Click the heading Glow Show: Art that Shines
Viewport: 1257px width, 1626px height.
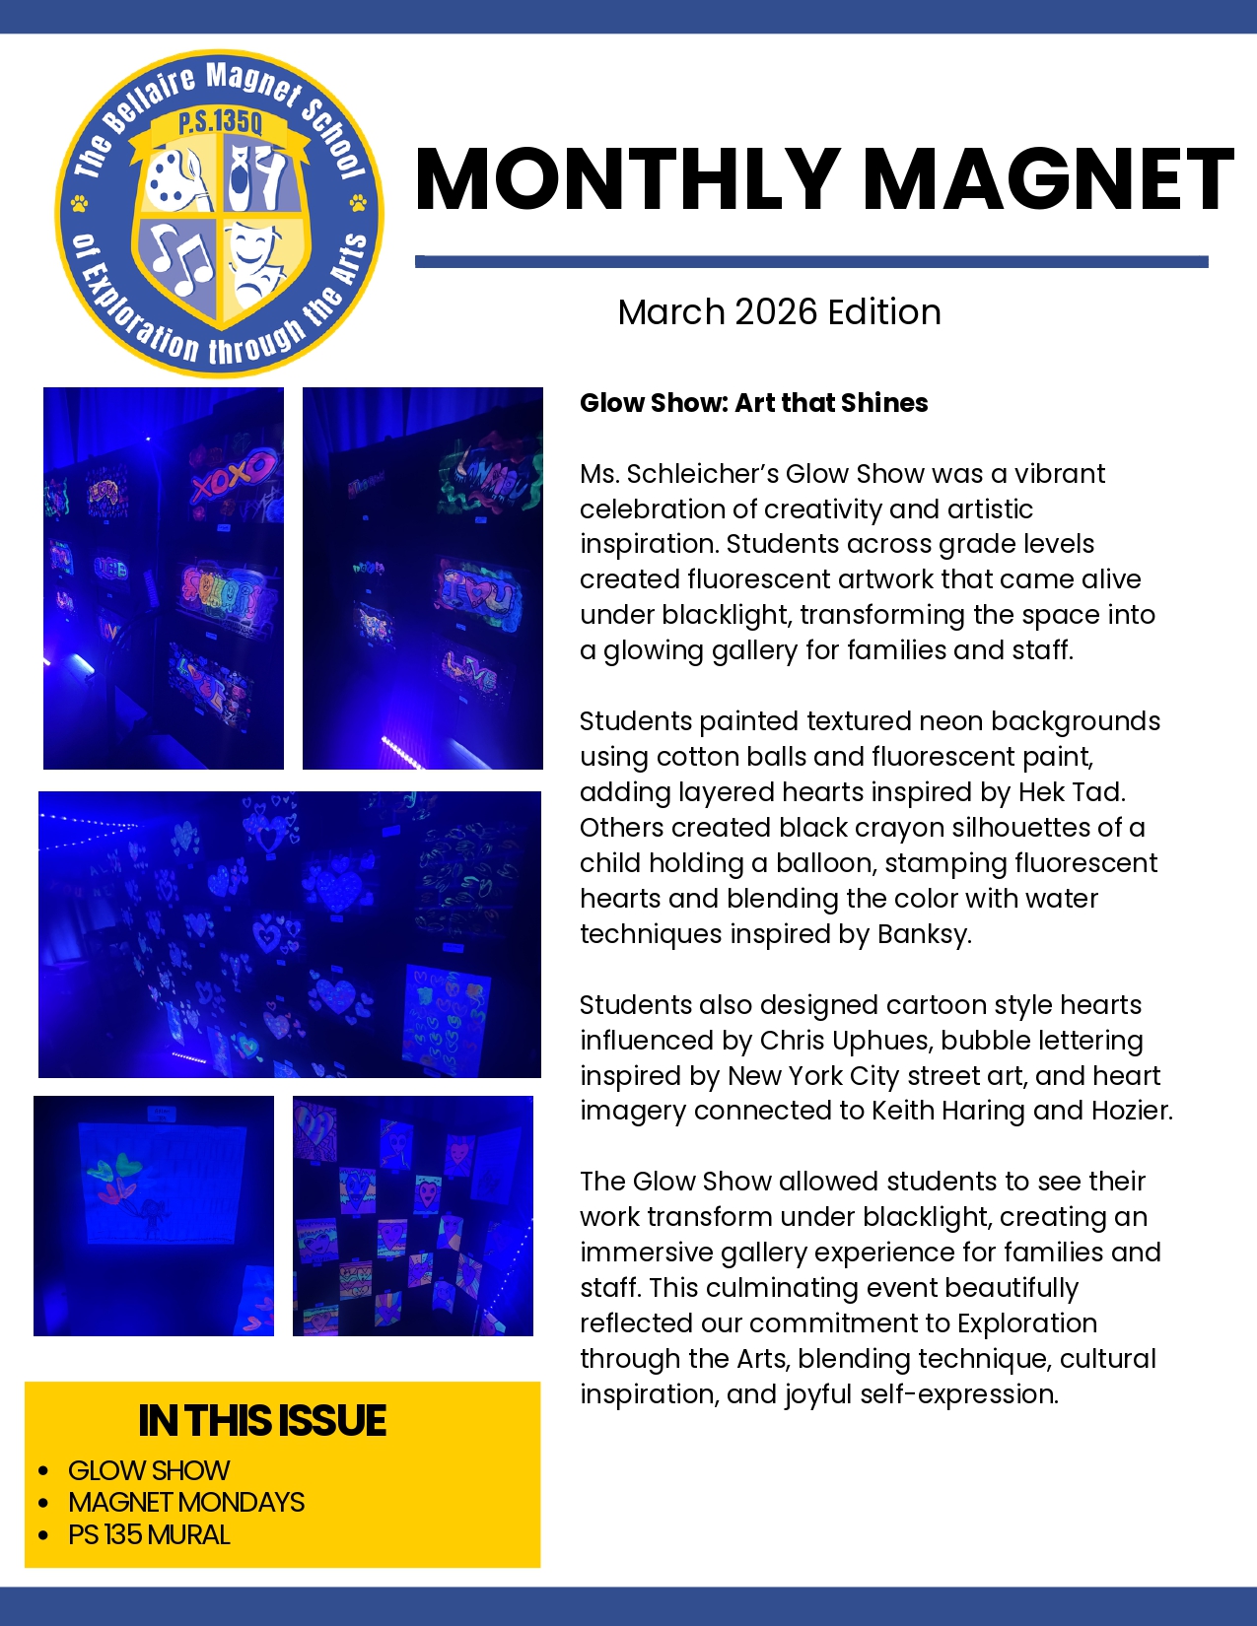tap(753, 403)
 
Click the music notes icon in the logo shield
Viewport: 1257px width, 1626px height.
tap(181, 261)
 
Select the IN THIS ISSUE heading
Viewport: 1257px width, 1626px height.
tap(262, 1420)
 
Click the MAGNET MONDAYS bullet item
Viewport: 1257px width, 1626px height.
tap(186, 1502)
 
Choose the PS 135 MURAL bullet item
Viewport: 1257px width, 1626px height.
tap(149, 1534)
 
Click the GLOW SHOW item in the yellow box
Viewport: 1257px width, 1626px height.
tap(149, 1470)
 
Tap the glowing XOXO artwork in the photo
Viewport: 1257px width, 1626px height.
tap(234, 475)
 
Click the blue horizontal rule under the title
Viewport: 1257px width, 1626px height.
tap(810, 262)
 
